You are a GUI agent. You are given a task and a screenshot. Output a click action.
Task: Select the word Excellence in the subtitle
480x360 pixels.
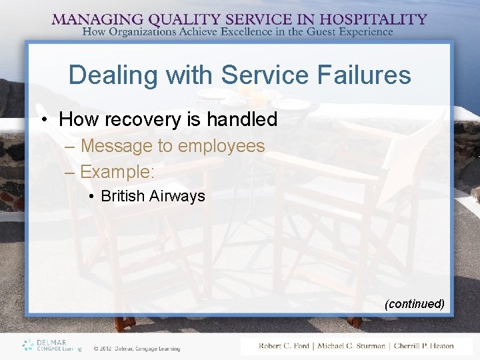[259, 31]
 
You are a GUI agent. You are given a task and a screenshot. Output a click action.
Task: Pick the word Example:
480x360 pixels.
[117, 171]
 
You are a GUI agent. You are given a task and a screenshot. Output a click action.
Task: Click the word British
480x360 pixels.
[123, 196]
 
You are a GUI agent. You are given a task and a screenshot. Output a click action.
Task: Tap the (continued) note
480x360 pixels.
[414, 304]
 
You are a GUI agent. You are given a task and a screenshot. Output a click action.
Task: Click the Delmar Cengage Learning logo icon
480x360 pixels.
[27, 345]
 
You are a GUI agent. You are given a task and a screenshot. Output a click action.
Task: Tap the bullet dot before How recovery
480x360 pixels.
[45, 120]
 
